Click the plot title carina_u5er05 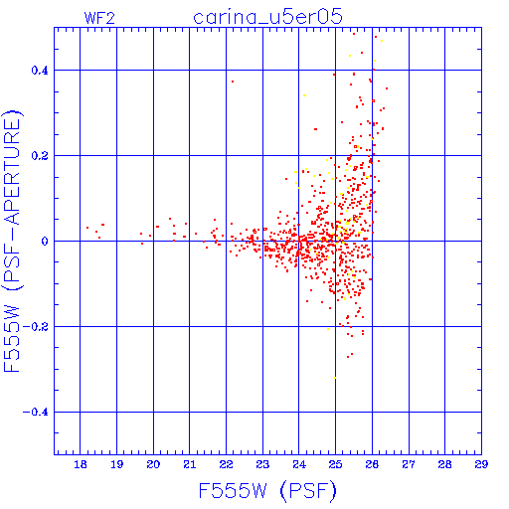pos(267,17)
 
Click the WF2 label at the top pos(99,18)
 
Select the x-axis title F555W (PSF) pos(267,491)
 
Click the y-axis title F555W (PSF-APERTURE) pos(12,241)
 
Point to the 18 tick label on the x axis pos(81,464)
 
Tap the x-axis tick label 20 pos(153,464)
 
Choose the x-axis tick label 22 pos(226,464)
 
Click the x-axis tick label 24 pos(299,464)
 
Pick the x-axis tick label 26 pos(372,464)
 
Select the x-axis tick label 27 pos(409,464)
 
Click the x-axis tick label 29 pos(481,464)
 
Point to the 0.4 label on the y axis pos(40,71)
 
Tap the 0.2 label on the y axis pos(40,156)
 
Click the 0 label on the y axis pos(45,242)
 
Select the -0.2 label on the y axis pos(36,327)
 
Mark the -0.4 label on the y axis pos(36,413)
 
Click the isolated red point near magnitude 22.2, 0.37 pos(233,82)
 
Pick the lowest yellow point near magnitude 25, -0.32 pos(335,378)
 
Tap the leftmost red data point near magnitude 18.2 pos(87,228)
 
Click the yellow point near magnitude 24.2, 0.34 pos(304,95)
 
